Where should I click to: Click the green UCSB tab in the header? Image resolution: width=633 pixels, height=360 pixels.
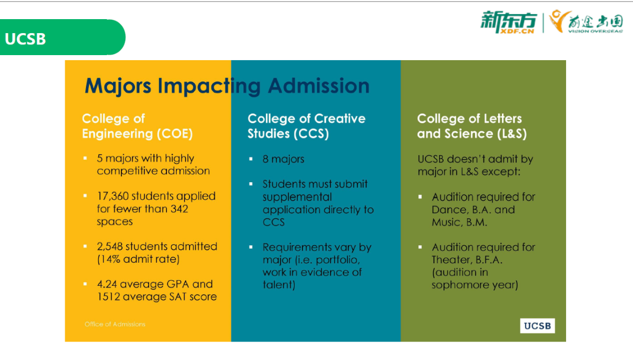click(x=62, y=37)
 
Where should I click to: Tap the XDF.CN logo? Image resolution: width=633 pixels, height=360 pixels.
click(x=509, y=22)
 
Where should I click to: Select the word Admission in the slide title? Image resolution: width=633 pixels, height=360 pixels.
click(x=319, y=85)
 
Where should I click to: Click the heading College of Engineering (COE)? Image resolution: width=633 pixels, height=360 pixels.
click(x=137, y=126)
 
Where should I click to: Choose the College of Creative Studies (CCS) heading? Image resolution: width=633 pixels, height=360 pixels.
click(x=306, y=126)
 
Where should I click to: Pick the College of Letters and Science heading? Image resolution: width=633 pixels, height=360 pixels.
click(x=472, y=126)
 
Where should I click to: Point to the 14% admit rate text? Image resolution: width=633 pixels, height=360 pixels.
click(x=138, y=259)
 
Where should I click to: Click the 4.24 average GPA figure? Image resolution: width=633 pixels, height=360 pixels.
click(x=107, y=284)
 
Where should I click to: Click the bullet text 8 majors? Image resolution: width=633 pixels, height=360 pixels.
click(x=283, y=159)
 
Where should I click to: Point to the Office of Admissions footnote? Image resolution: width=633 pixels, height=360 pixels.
click(x=115, y=324)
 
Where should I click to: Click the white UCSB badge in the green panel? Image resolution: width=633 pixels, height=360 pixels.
click(x=537, y=326)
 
